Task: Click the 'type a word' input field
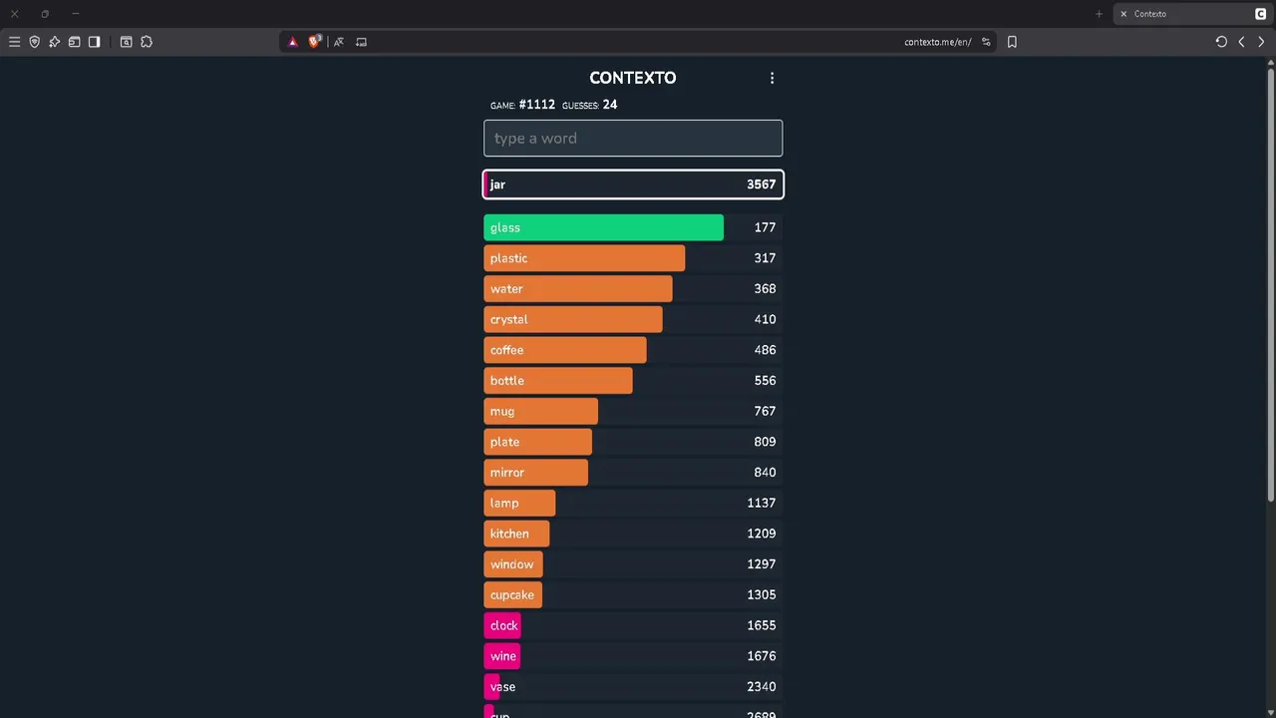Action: point(633,139)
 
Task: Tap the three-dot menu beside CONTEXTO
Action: point(772,78)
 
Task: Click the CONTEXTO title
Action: point(632,78)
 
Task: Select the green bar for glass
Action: point(603,227)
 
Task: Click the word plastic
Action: point(508,258)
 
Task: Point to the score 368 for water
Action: point(765,289)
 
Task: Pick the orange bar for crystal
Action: point(573,319)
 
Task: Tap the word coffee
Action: point(506,350)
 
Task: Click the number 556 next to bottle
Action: point(765,381)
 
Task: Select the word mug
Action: point(502,412)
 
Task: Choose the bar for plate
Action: point(538,442)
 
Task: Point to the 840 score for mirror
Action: point(765,473)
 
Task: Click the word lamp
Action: point(504,504)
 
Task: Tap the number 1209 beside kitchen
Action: point(761,534)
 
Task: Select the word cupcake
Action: point(512,595)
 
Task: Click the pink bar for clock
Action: point(502,625)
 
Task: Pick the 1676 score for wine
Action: point(761,656)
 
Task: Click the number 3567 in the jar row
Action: point(761,184)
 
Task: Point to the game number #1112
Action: point(536,105)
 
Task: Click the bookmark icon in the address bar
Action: point(1012,42)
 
